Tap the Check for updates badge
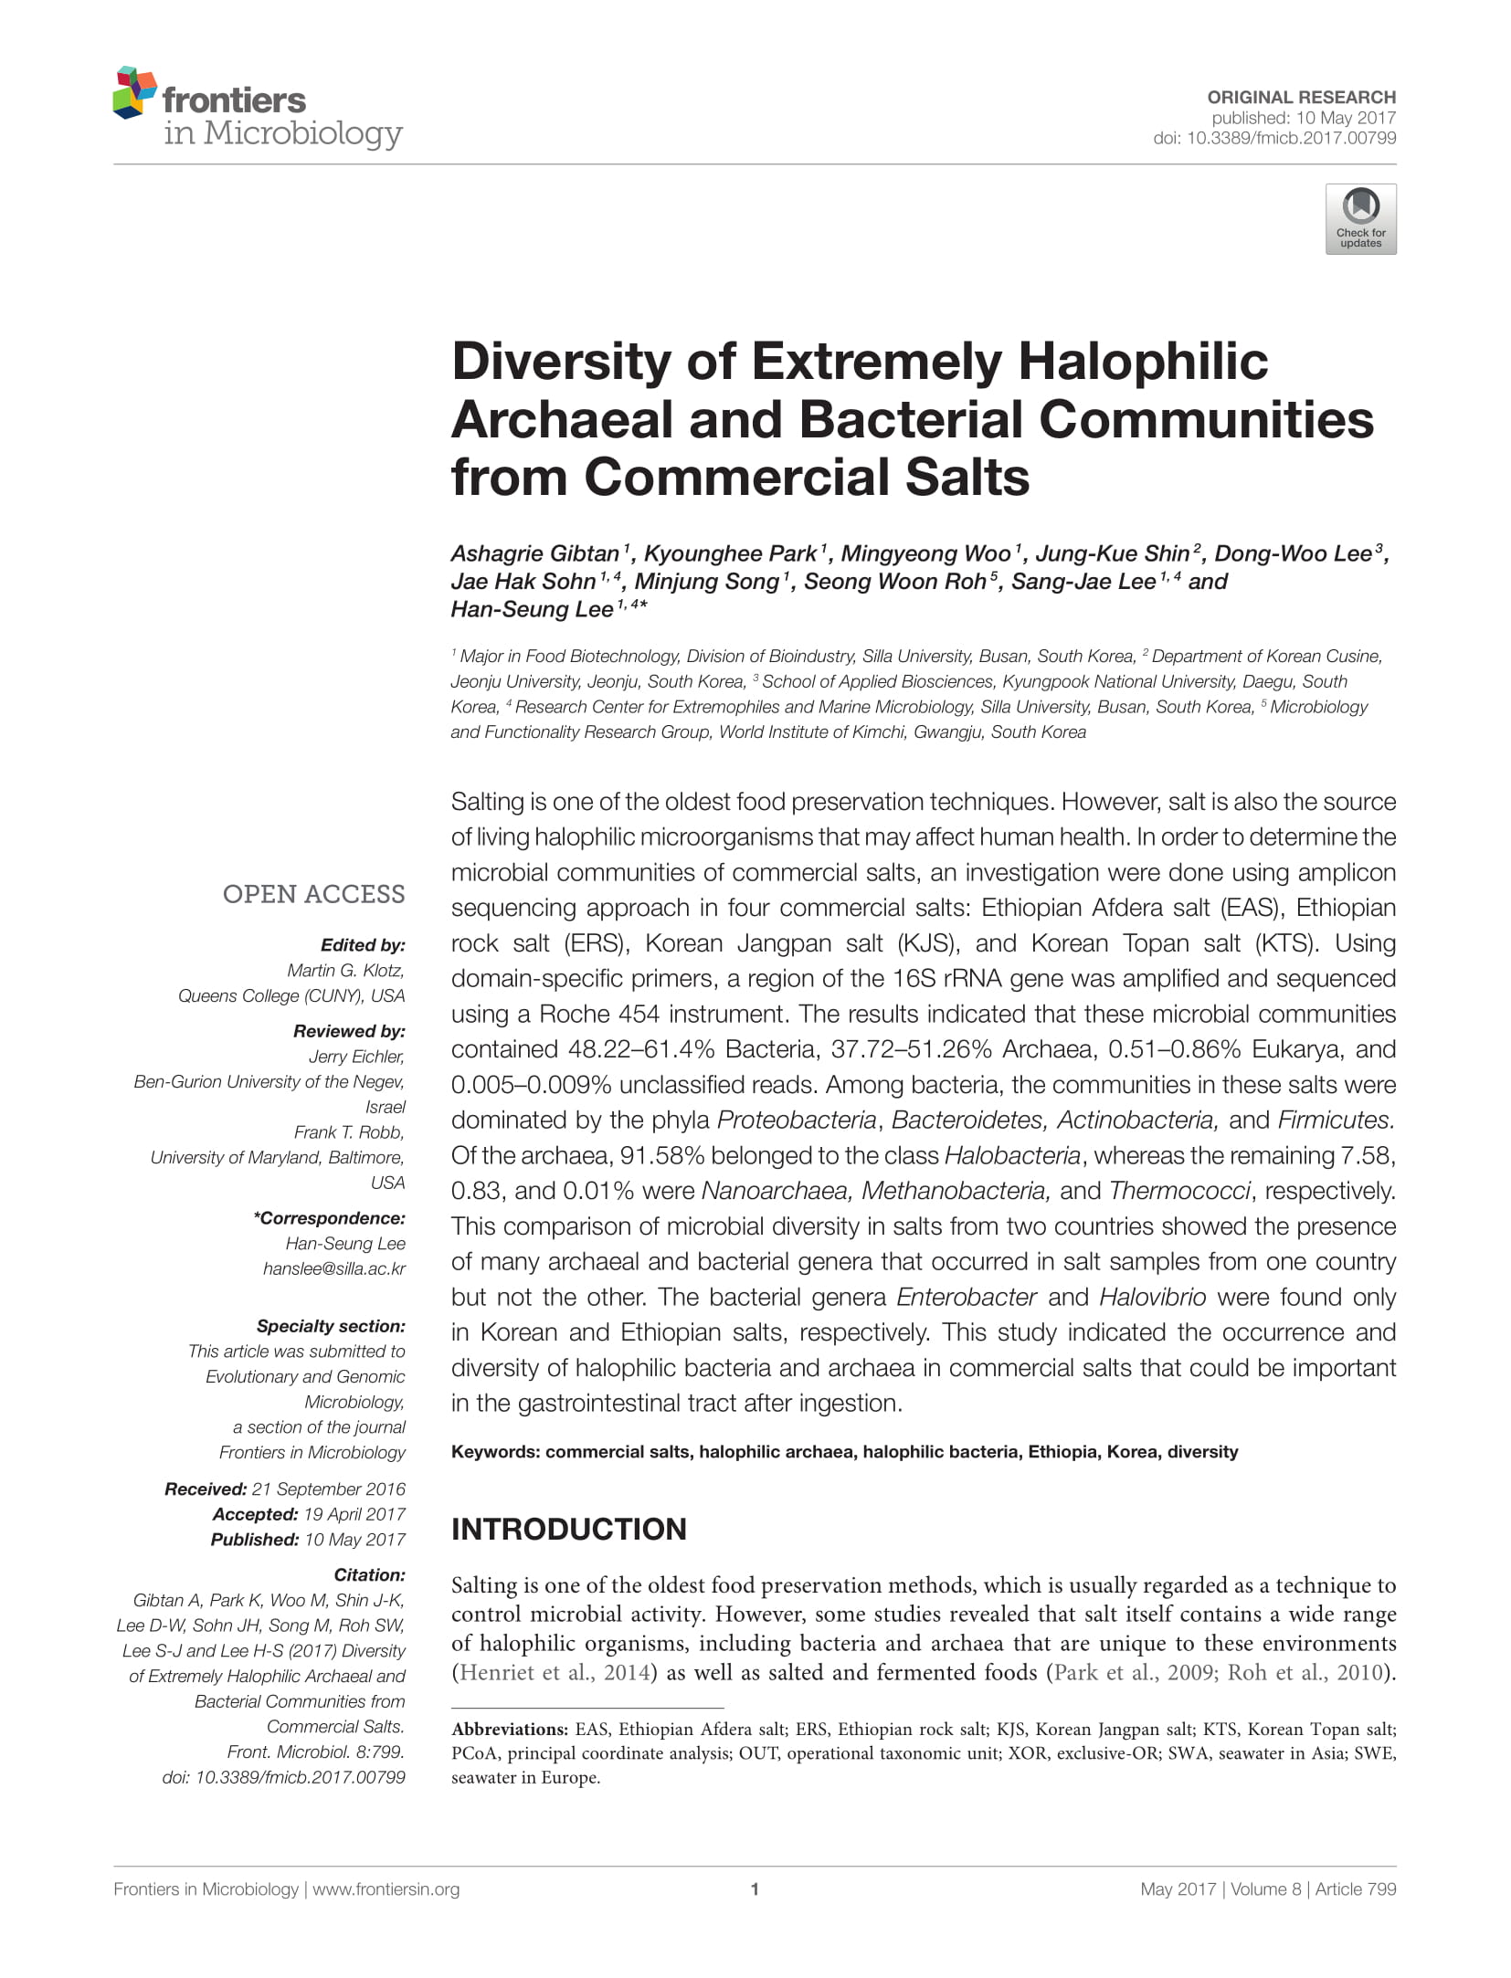tap(1360, 219)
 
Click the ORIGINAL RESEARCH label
tap(1301, 97)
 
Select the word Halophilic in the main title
tap(1143, 361)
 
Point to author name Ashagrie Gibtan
tap(534, 553)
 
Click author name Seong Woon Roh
tap(895, 582)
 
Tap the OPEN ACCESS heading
tap(313, 894)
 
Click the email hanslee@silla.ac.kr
tap(334, 1268)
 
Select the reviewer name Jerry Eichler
tap(356, 1057)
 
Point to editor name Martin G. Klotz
tap(345, 970)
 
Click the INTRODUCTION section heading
tap(568, 1529)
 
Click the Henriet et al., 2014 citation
tap(555, 1672)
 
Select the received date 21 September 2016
tap(329, 1489)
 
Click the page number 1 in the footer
tap(755, 1889)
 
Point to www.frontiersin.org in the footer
tap(386, 1889)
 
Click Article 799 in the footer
tap(1356, 1889)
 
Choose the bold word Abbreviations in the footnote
tap(509, 1729)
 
